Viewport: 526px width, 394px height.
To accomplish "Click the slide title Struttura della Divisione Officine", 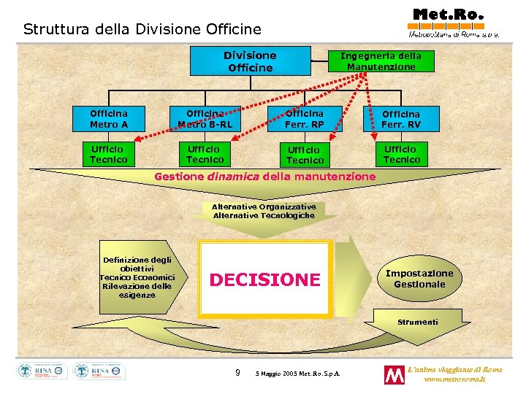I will [142, 30].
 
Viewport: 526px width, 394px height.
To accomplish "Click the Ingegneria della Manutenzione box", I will [381, 61].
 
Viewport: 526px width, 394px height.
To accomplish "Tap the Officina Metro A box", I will [109, 119].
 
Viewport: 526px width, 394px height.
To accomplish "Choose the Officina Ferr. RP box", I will [305, 119].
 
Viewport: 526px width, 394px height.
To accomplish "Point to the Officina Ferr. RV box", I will [401, 120].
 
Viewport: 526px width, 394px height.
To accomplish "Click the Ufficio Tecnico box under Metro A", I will [109, 154].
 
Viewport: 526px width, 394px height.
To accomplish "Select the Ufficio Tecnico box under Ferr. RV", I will [401, 154].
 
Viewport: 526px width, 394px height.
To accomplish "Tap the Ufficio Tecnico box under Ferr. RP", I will [305, 155].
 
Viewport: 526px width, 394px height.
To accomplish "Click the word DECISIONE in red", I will [264, 279].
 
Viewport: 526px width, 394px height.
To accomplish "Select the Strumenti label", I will [418, 322].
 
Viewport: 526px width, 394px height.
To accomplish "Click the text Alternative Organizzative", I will [264, 206].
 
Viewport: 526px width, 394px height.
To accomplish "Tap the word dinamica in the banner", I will [232, 177].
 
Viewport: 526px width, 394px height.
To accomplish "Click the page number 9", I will [237, 374].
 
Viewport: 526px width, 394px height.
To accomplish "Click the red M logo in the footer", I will [394, 375].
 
